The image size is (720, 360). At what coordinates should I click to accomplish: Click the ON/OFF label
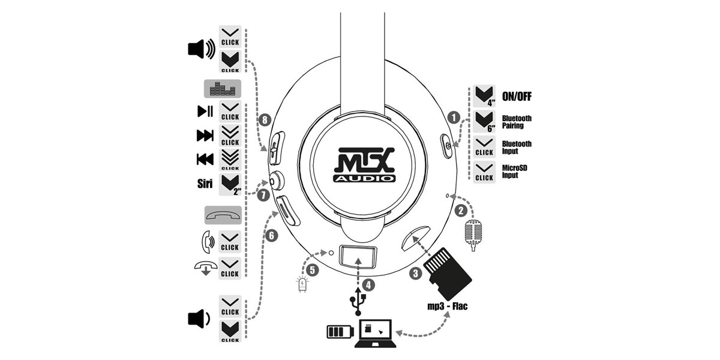point(516,97)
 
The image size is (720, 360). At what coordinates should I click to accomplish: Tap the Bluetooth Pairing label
point(516,122)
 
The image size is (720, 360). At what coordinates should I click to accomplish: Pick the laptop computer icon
point(374,333)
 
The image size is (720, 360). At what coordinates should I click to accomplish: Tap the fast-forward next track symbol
point(205,136)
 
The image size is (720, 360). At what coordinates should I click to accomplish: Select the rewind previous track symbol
point(205,160)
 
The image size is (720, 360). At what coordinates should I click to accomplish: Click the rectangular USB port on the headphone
point(358,257)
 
